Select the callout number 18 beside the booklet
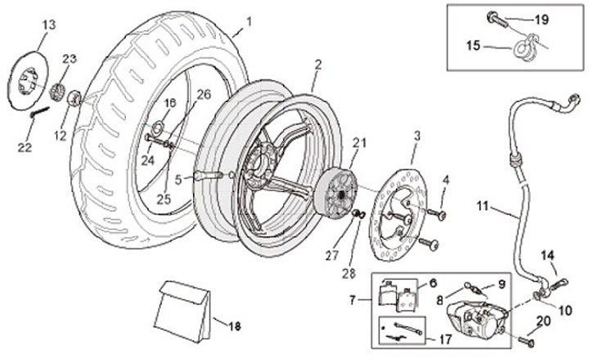(234, 326)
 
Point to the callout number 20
(544, 320)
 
